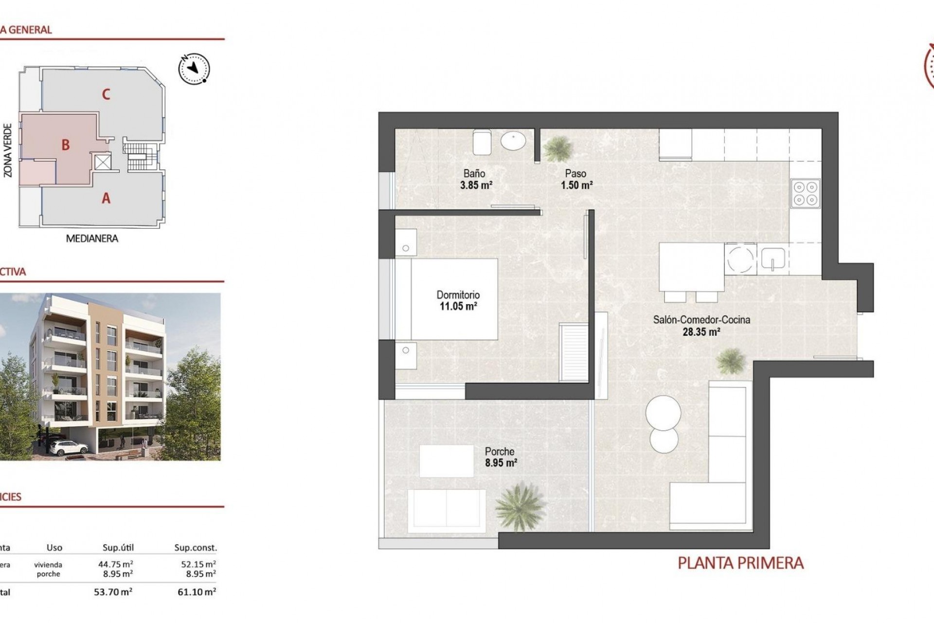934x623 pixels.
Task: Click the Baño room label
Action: click(474, 173)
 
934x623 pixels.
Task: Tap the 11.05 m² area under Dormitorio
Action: click(458, 307)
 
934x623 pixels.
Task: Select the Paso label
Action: click(575, 173)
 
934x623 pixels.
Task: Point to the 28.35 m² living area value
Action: click(700, 332)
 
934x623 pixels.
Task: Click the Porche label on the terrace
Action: click(500, 451)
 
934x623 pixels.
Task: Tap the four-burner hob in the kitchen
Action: click(806, 193)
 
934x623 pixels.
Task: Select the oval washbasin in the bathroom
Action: click(513, 142)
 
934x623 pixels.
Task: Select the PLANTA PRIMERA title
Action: click(740, 564)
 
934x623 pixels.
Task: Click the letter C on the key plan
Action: click(106, 94)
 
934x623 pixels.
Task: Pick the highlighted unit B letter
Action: click(66, 145)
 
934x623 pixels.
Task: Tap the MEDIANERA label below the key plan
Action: click(92, 238)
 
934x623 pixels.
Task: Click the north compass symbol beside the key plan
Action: click(194, 68)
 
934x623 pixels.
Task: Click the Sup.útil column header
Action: click(118, 548)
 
